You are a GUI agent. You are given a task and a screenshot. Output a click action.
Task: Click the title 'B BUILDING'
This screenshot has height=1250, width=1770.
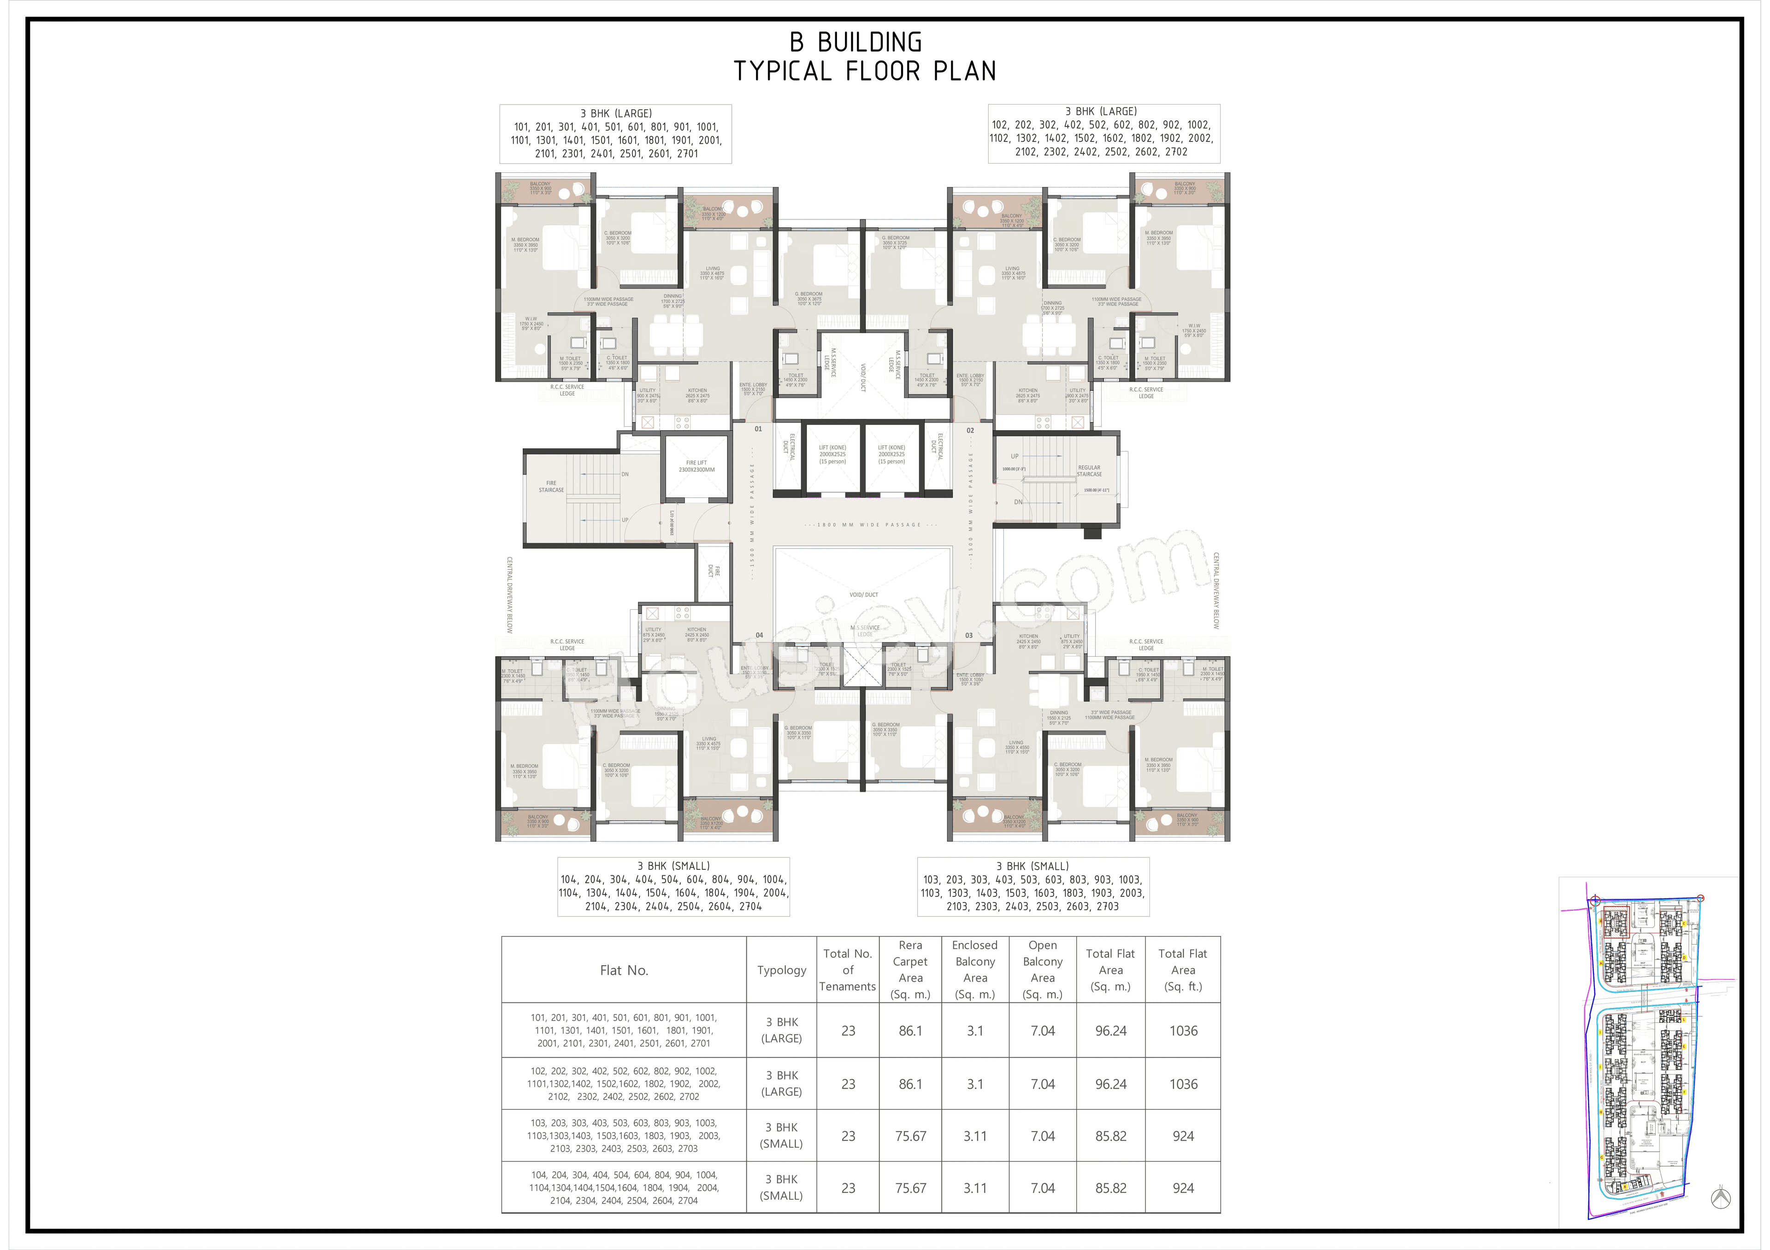coord(855,42)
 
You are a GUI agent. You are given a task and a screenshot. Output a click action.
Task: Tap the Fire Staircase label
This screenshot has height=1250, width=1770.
coord(551,486)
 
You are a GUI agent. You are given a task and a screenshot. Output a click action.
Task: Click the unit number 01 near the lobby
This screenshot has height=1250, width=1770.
coord(758,429)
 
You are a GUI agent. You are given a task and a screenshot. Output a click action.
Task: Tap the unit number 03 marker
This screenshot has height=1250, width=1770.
coord(969,636)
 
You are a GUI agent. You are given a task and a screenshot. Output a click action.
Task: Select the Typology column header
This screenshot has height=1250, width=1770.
coord(781,970)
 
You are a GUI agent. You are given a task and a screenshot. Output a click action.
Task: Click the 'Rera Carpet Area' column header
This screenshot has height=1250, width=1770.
coord(910,969)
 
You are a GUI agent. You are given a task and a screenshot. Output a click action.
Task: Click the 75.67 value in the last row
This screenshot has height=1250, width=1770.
coord(910,1188)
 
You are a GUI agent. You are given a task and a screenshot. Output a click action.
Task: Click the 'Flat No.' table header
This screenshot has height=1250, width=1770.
coord(624,970)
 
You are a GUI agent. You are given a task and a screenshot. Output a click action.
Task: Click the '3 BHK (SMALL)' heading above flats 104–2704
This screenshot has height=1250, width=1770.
coord(673,866)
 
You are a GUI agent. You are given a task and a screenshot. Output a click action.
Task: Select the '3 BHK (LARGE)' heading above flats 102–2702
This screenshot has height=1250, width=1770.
coord(1100,112)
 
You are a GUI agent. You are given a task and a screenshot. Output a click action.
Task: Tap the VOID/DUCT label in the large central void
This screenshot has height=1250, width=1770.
coord(863,595)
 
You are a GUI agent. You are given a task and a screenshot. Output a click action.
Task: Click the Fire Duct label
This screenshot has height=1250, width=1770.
coord(714,571)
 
